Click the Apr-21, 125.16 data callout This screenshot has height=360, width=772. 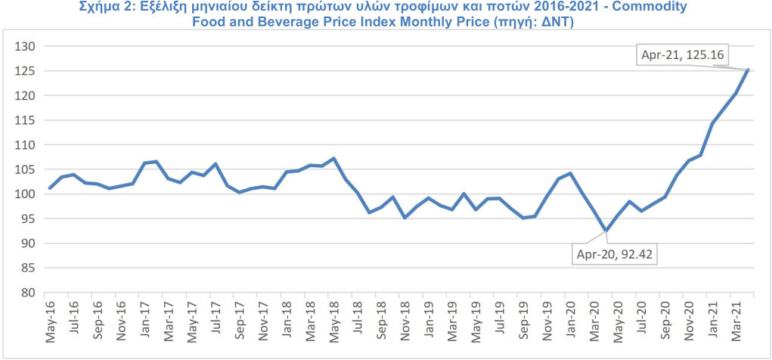pyautogui.click(x=682, y=55)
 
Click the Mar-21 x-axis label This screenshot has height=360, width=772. pyautogui.click(x=736, y=321)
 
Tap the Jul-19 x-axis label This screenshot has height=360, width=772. pyautogui.click(x=499, y=320)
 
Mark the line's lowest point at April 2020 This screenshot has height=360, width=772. pyautogui.click(x=606, y=231)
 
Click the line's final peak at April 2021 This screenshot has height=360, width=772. pyautogui.click(x=748, y=70)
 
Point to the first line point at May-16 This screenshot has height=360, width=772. pyautogui.click(x=50, y=188)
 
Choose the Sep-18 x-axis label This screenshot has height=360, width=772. pyautogui.click(x=381, y=321)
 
